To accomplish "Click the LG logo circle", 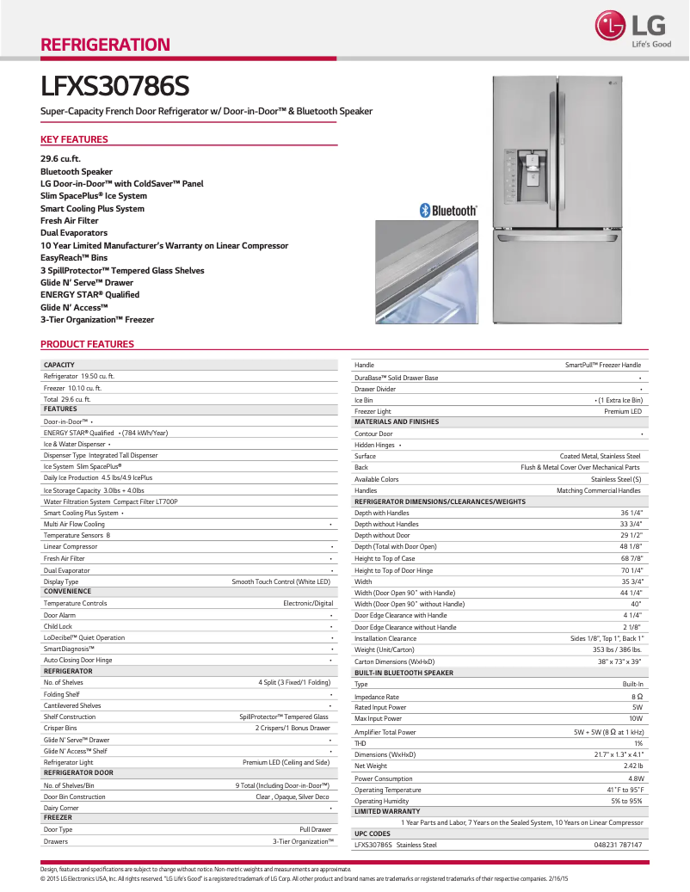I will click(612, 28).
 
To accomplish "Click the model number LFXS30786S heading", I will click(115, 87).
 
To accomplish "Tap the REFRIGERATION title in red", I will click(106, 45).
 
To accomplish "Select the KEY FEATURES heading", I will click(74, 139).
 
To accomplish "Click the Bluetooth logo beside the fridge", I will click(448, 210).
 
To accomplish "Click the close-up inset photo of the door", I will click(426, 272).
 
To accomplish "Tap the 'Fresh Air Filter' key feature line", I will click(70, 221).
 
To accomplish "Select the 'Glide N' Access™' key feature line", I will click(74, 307).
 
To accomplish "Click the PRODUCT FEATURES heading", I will click(87, 344).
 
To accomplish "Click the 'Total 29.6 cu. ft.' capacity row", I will click(67, 399).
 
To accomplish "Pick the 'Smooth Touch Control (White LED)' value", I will click(280, 581).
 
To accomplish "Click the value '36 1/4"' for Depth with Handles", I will click(631, 513).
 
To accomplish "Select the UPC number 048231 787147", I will click(618, 845).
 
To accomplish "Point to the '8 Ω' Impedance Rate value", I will click(637, 697).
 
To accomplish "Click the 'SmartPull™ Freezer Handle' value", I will click(602, 366).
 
